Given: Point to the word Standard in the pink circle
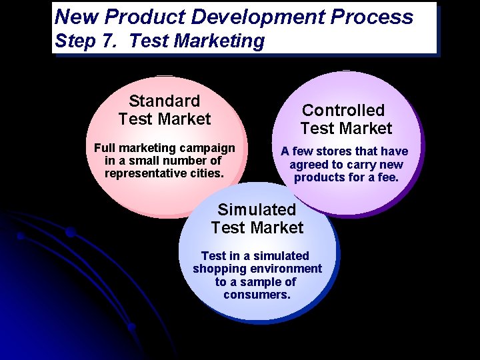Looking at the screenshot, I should click(x=164, y=101).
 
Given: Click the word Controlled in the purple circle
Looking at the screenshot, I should click(x=343, y=111).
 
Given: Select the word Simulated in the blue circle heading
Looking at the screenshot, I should click(x=257, y=209).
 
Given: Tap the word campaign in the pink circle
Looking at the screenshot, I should click(x=207, y=148).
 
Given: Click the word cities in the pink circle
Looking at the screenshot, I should click(x=205, y=173).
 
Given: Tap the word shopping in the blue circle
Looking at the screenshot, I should click(x=219, y=269).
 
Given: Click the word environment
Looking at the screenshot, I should click(x=286, y=269).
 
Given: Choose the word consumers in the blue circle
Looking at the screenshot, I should click(x=257, y=294).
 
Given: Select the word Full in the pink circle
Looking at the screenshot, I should click(x=106, y=148).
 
